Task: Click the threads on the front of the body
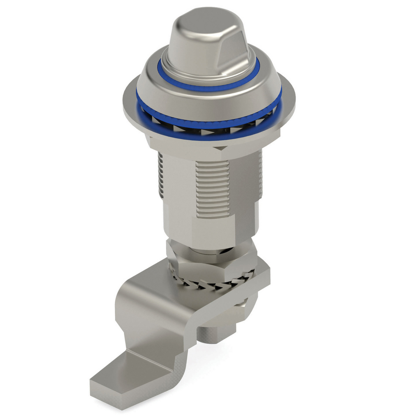click(212, 186)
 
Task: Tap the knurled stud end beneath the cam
click(210, 334)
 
